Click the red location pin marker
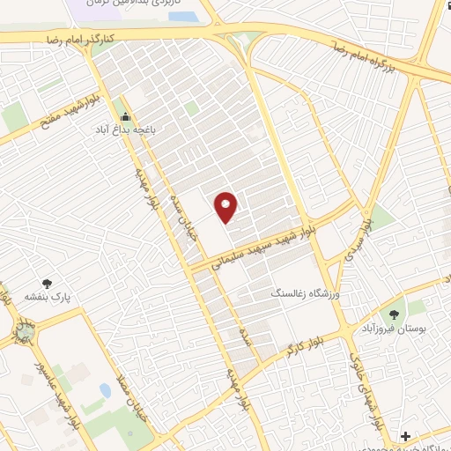pyautogui.click(x=226, y=207)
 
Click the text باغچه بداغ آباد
pyautogui.click(x=126, y=128)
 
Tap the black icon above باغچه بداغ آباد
pyautogui.click(x=126, y=115)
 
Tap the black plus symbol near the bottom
pyautogui.click(x=405, y=436)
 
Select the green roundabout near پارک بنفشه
pyautogui.click(x=25, y=336)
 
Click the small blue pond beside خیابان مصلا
pyautogui.click(x=106, y=388)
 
